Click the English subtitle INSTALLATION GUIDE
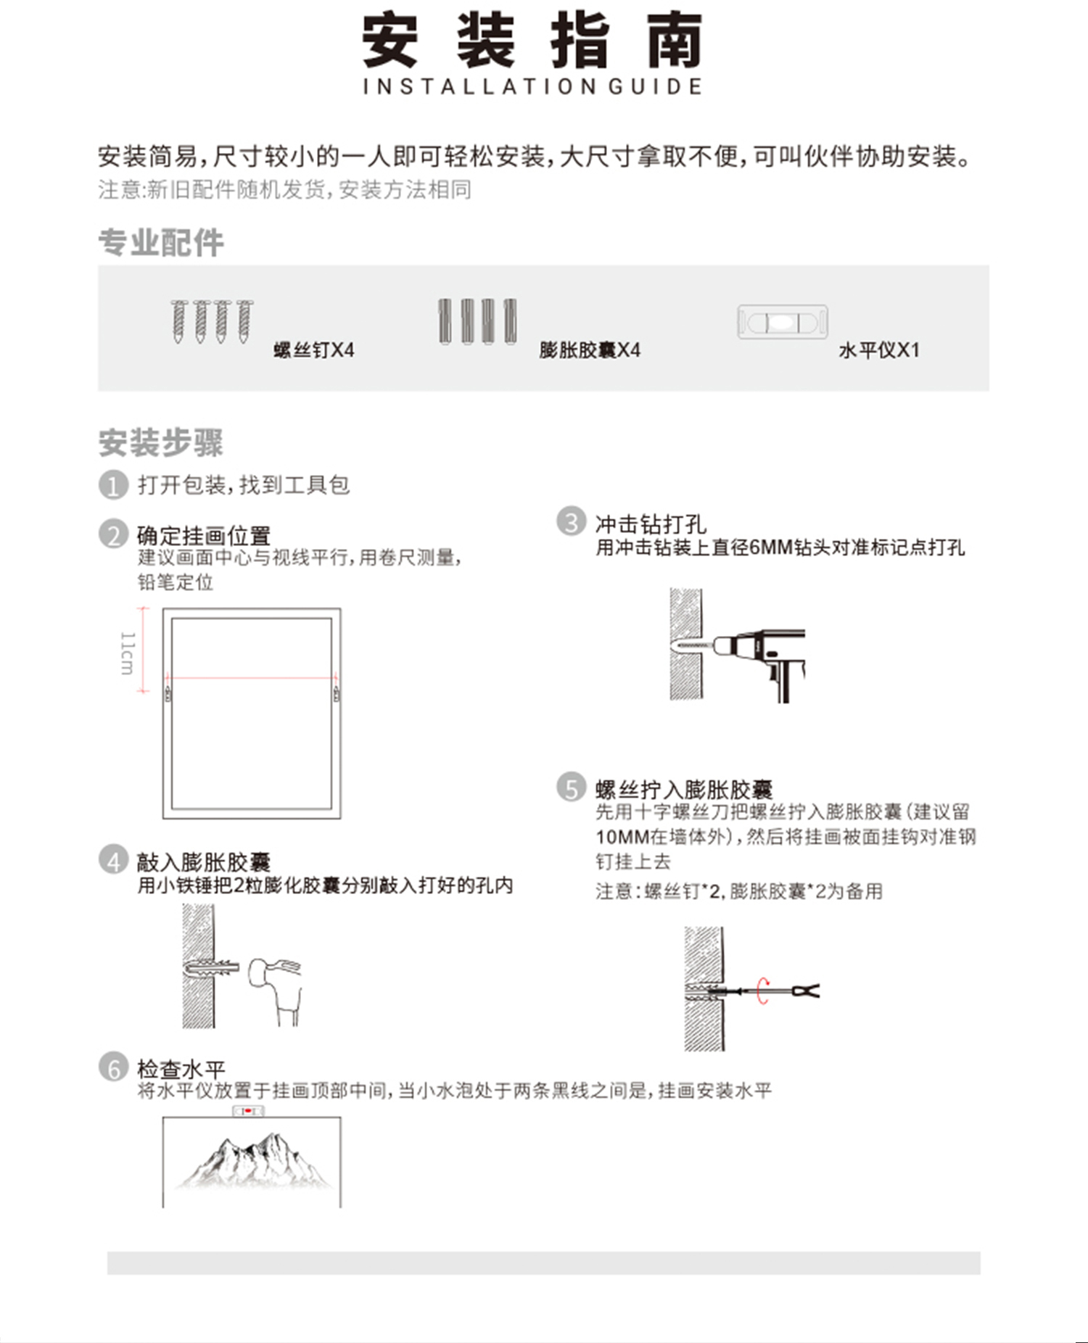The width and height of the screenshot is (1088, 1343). tap(532, 87)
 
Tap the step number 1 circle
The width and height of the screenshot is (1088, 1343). tap(113, 485)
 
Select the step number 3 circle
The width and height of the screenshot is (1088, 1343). tap(571, 521)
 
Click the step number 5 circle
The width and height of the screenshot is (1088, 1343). tap(571, 788)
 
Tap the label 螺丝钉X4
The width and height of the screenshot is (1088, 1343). tap(314, 350)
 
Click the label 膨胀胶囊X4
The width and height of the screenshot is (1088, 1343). tap(590, 350)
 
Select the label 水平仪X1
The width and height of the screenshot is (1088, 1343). tap(879, 350)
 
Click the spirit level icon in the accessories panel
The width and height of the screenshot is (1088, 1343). tap(783, 322)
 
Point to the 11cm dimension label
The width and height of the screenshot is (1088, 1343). tap(127, 653)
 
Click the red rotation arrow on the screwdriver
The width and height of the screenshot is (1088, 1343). tap(762, 991)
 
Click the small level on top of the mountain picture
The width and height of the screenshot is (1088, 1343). tap(248, 1111)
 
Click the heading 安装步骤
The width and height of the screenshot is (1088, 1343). tap(161, 442)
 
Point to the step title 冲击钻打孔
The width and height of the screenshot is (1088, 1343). tap(651, 524)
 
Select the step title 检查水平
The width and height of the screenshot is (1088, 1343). tap(181, 1069)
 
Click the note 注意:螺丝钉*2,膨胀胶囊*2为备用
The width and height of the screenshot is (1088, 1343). tap(739, 891)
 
